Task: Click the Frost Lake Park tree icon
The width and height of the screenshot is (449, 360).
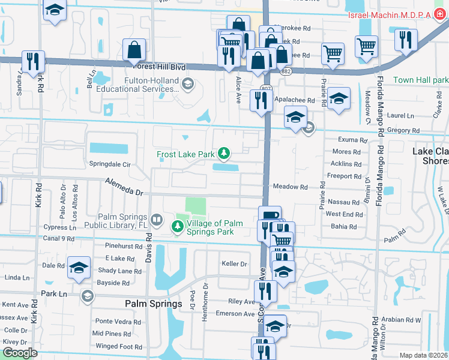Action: point(224,154)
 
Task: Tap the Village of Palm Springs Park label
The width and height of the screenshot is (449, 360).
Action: point(214,227)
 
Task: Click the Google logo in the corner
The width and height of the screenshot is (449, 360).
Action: point(20,353)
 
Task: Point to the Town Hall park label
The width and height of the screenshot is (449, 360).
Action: point(421,80)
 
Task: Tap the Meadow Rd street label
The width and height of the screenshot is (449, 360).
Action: point(290,187)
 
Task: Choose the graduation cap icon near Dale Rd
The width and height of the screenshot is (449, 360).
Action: point(79,268)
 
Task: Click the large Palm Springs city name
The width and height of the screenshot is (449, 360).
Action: point(153,304)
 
